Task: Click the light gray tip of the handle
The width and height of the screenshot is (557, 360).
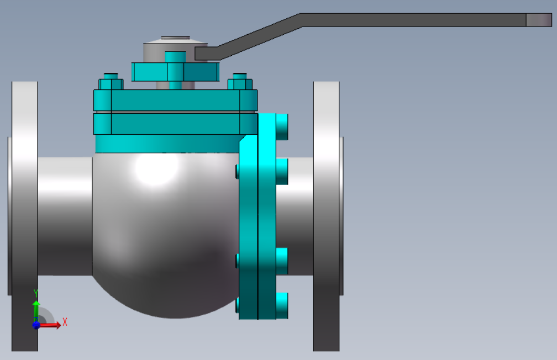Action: coord(539,20)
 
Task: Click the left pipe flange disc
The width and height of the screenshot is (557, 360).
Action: coord(25,216)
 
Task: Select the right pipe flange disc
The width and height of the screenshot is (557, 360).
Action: coord(326,216)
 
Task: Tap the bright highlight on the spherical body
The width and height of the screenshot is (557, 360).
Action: coord(156,168)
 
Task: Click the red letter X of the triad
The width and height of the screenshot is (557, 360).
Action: coord(65,322)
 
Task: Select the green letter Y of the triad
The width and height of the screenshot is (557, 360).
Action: coord(36,294)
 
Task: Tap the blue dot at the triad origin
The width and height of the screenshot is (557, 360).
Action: coord(36,325)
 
